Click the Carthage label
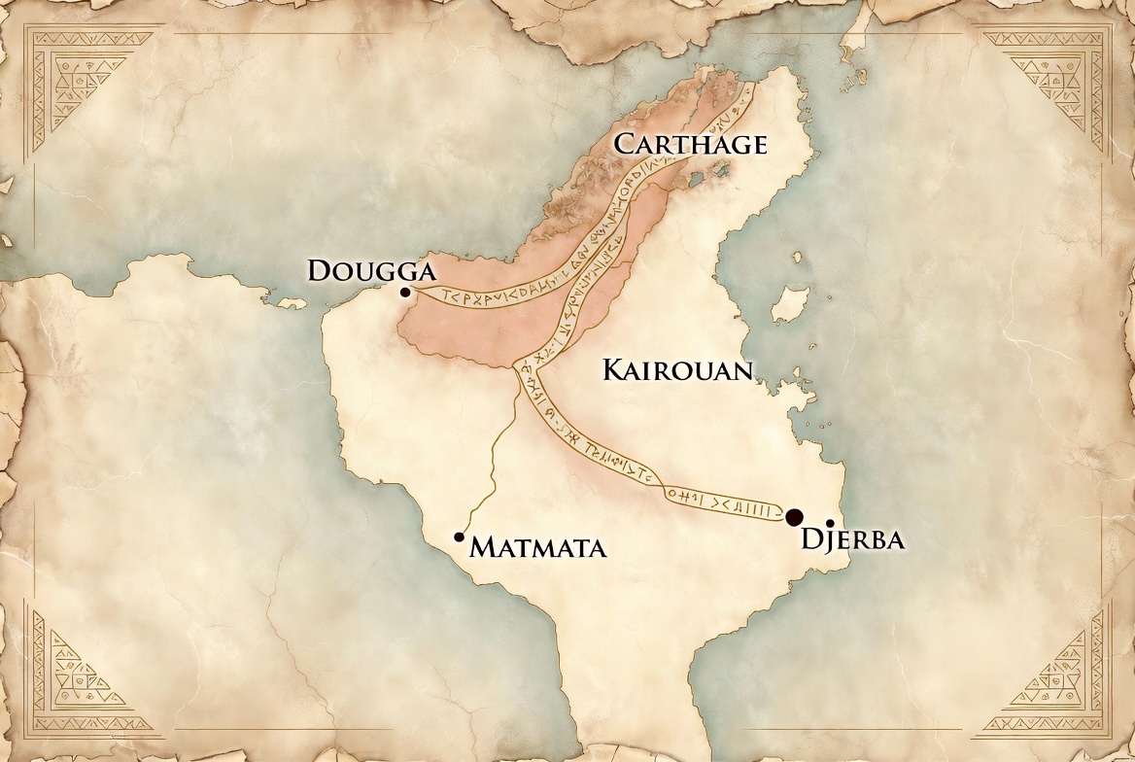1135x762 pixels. coord(691,145)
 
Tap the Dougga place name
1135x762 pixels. coord(367,270)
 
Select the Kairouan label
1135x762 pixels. coord(678,370)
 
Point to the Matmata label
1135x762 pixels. coord(538,548)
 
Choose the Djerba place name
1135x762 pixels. coord(852,540)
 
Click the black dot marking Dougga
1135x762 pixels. coord(405,292)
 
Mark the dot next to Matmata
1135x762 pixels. coord(459,537)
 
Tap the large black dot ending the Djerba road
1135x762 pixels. coord(795,517)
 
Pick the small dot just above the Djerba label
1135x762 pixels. coord(830,523)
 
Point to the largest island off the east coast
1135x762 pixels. coord(789,304)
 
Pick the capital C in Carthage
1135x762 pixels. coord(626,145)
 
